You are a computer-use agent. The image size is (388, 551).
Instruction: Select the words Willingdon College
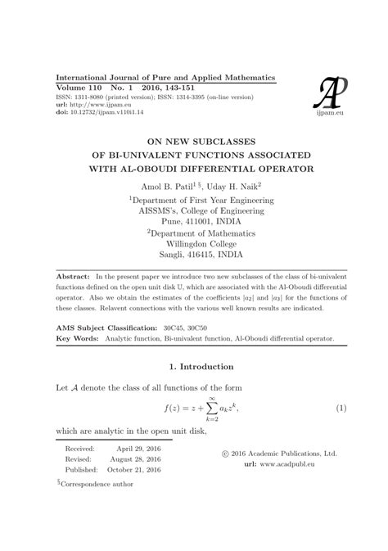point(194,243)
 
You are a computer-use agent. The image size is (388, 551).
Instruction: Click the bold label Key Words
point(77,337)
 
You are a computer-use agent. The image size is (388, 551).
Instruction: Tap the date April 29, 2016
point(139,449)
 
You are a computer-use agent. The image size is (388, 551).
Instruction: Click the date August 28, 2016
point(139,460)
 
